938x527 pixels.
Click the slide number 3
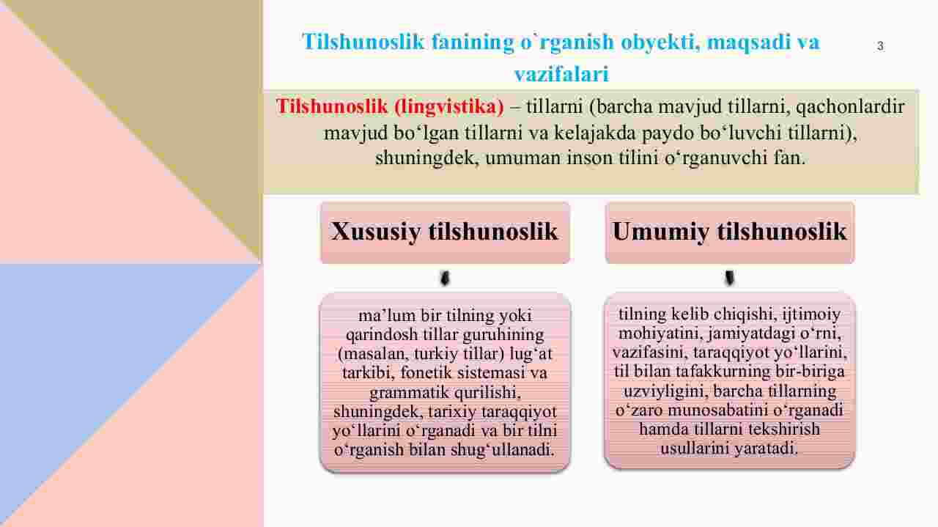880,46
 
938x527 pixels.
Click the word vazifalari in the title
561,74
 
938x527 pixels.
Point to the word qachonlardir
850,107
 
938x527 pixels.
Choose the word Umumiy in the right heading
661,232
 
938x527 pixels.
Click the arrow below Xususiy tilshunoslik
445,279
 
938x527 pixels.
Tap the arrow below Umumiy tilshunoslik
729,278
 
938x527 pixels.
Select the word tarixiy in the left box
452,412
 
